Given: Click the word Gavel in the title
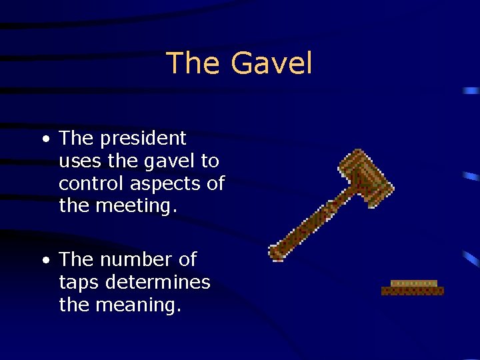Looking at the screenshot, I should click(x=271, y=64).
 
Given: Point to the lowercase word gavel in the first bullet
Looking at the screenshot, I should click(x=169, y=161).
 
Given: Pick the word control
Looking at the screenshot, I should click(x=92, y=183).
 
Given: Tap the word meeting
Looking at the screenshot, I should click(x=137, y=207).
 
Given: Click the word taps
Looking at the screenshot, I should click(x=79, y=282).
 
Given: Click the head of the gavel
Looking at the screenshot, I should click(x=365, y=176).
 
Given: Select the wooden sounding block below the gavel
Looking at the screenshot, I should click(x=413, y=287).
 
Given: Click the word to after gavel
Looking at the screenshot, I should click(x=209, y=161).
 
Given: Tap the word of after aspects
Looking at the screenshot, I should click(x=216, y=183).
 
